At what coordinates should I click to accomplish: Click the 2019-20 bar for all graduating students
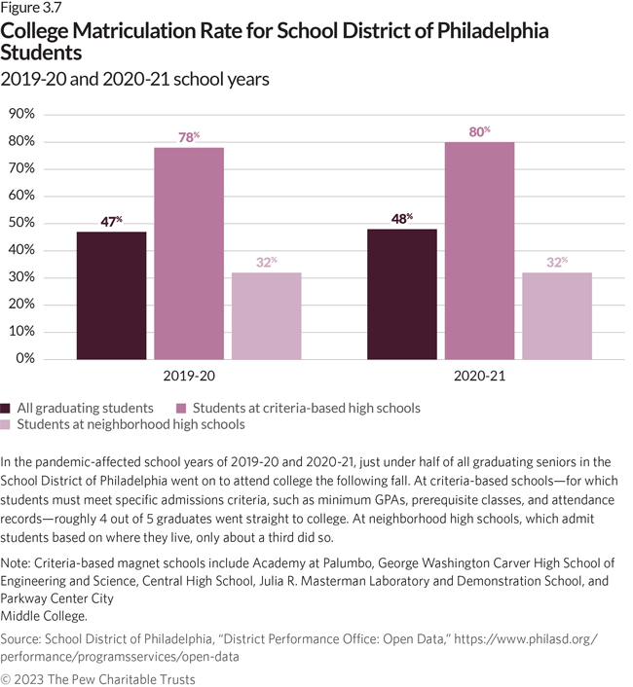click(x=111, y=295)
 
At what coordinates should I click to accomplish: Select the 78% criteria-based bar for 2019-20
click(x=188, y=253)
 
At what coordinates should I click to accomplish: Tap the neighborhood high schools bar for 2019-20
click(x=266, y=315)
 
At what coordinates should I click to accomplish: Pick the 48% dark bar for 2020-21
click(x=401, y=293)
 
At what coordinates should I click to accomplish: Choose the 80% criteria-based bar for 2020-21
click(x=479, y=250)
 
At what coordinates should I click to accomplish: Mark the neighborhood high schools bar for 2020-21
click(x=557, y=315)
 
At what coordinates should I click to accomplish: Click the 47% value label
click(x=111, y=222)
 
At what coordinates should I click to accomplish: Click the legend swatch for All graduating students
click(x=7, y=408)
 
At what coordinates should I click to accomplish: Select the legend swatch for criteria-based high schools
click(x=181, y=408)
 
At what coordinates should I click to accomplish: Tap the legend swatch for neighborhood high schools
click(x=7, y=425)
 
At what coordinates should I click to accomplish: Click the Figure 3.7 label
click(x=30, y=10)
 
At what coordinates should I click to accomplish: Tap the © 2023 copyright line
click(x=97, y=678)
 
